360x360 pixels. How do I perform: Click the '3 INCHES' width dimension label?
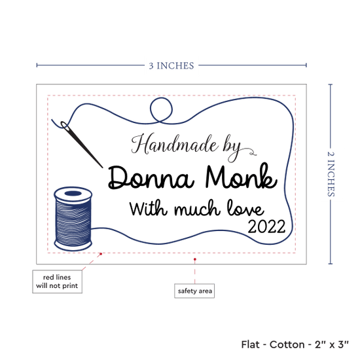point(171,65)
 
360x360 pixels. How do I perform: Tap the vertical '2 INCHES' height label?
point(331,174)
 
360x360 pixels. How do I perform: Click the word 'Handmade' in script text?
point(175,145)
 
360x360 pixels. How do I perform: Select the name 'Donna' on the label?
point(151,177)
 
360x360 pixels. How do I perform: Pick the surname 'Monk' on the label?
point(241,175)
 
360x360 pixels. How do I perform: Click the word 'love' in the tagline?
point(245,208)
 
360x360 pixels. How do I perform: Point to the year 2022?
point(266,227)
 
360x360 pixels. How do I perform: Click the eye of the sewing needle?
point(65,126)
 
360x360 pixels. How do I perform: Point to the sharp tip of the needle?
point(102,168)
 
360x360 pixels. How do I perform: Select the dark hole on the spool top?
point(73,193)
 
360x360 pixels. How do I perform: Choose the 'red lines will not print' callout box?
point(57,281)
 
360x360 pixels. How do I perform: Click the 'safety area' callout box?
point(194,291)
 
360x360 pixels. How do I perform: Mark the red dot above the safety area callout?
point(194,259)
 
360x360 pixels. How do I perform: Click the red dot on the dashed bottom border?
point(101,254)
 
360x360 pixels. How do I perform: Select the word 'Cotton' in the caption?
point(287,344)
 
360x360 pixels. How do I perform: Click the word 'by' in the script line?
point(232,149)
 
